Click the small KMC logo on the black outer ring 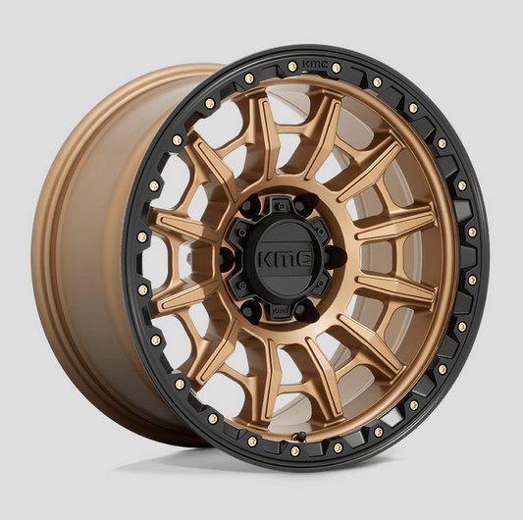tap(313, 65)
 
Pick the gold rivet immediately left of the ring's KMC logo tap(291, 67)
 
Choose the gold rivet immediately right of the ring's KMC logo tap(336, 68)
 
